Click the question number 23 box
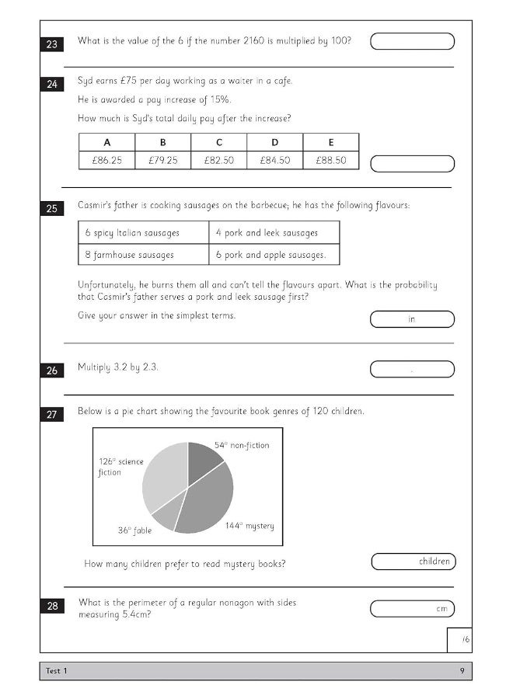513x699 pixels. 52,44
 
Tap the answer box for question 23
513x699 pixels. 412,41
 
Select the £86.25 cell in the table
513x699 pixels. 106,160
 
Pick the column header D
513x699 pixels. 274,142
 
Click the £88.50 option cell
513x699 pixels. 330,160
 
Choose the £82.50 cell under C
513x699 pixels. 218,160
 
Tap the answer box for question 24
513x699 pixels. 412,164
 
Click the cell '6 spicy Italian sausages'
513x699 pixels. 143,232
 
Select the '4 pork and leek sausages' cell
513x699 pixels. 274,232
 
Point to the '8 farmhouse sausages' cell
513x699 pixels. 143,254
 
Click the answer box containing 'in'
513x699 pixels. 412,319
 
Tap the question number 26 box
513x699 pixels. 52,370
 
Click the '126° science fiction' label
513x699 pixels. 120,467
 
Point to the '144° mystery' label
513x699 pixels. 250,526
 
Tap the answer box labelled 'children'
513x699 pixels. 413,562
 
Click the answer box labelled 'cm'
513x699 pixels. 412,609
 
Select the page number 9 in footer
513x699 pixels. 462,671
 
